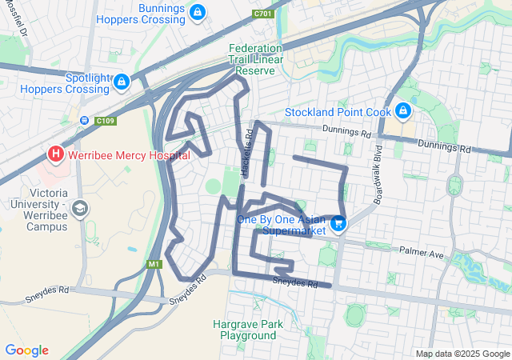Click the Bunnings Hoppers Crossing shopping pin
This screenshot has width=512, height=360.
pos(198,13)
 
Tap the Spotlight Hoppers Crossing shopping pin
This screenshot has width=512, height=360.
pos(121,81)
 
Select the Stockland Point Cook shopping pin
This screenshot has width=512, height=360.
pos(403,109)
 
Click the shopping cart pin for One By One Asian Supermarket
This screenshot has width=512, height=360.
pos(338,224)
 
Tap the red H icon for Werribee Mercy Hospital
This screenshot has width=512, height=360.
pos(55,152)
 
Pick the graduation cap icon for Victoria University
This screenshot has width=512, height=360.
pos(79,209)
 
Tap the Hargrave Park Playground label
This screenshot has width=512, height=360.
pos(244,330)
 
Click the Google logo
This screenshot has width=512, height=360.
pos(26,350)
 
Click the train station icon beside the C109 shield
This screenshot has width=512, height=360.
pos(85,121)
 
